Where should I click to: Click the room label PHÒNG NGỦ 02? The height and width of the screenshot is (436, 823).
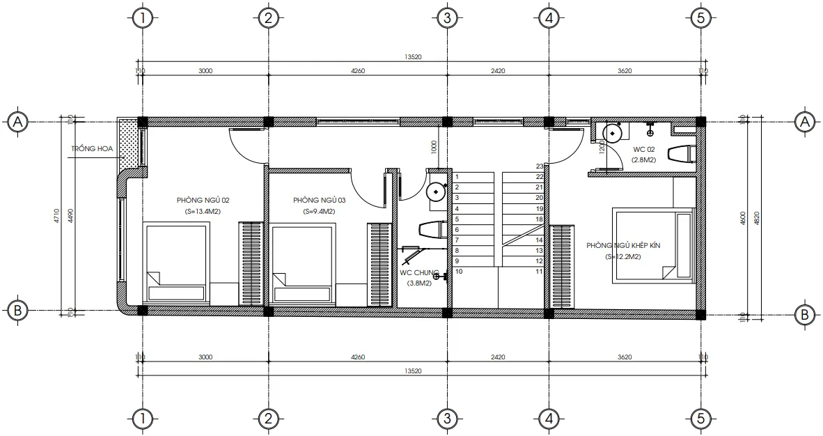click(x=203, y=201)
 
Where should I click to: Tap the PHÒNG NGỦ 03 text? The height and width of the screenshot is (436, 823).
click(x=320, y=201)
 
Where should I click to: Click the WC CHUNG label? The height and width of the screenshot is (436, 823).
click(x=419, y=273)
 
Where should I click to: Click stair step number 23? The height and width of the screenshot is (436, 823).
click(x=539, y=166)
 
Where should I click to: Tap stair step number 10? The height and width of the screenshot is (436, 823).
click(x=459, y=272)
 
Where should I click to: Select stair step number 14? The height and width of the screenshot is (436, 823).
click(x=539, y=240)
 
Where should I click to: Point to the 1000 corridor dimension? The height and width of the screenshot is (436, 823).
click(x=433, y=147)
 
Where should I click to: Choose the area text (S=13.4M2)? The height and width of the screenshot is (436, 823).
click(x=203, y=212)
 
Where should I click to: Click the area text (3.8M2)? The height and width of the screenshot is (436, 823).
click(x=419, y=283)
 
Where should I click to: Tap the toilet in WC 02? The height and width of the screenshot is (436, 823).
click(x=682, y=154)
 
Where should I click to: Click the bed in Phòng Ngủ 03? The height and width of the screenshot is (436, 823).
click(x=304, y=263)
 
